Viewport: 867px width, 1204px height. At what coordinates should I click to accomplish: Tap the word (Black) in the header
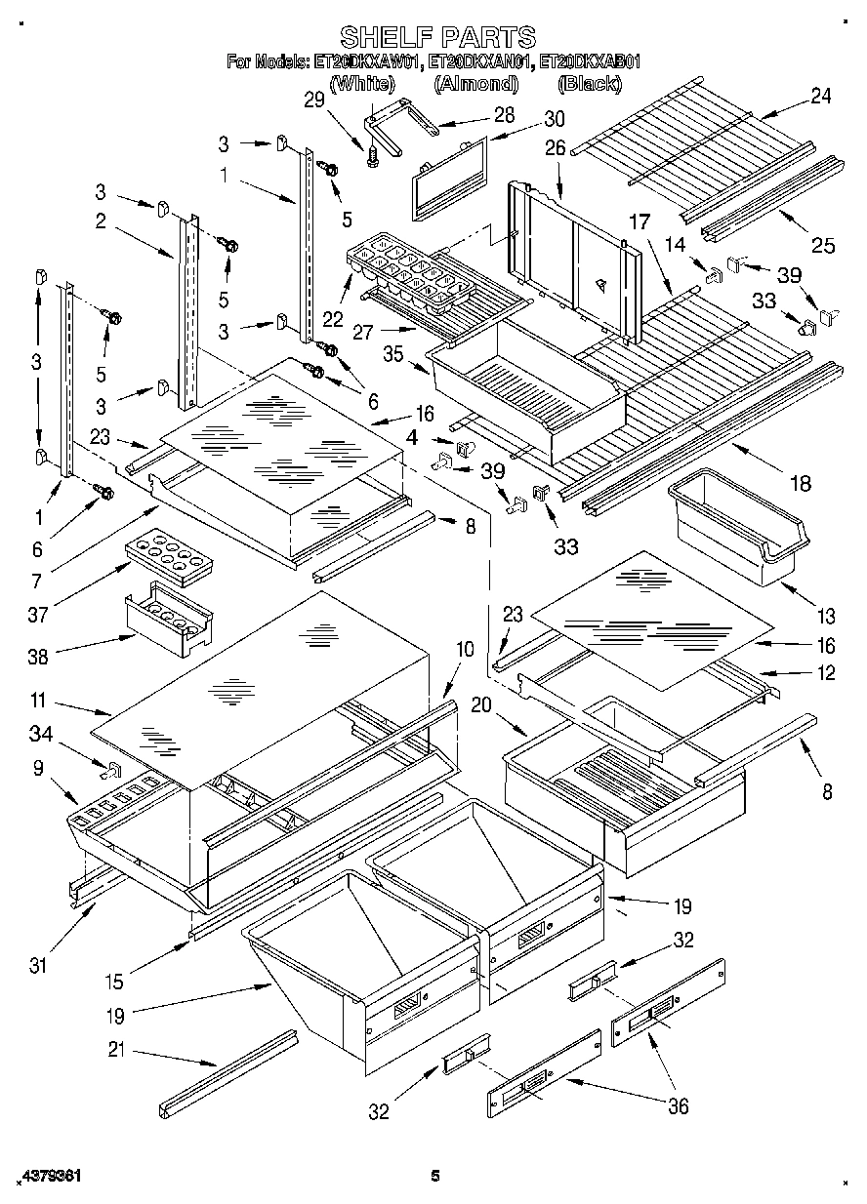[x=589, y=84]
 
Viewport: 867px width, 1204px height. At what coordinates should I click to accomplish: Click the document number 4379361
[x=48, y=1177]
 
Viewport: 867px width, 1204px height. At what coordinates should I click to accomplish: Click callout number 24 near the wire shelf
[x=821, y=96]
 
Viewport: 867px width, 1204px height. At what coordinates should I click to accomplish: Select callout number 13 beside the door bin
[x=827, y=616]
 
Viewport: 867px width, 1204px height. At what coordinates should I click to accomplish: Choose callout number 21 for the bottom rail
[x=117, y=1052]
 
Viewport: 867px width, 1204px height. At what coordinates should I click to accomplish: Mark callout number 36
[x=677, y=1105]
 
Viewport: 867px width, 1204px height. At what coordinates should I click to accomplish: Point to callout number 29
[x=312, y=99]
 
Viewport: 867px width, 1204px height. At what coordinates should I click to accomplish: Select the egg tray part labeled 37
[x=170, y=558]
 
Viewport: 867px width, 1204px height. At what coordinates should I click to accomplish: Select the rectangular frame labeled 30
[x=447, y=176]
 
